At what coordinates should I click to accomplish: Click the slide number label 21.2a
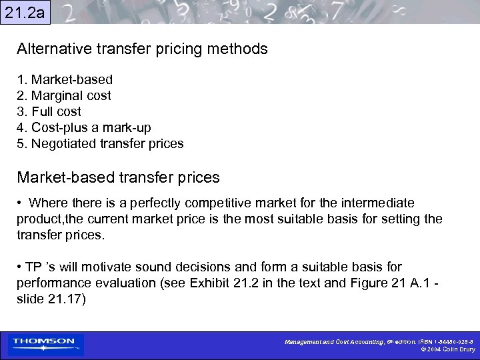coord(25,11)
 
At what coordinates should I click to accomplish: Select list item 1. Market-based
coord(65,80)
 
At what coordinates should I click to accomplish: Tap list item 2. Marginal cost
coord(64,96)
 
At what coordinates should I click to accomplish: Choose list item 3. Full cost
coord(49,112)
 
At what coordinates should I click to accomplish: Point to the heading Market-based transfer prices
coord(118,177)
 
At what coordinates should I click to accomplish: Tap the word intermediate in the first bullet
coord(376,203)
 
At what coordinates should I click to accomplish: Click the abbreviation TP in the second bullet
coord(33,267)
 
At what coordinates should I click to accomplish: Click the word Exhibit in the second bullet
coord(212,283)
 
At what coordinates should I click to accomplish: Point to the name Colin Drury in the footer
coord(459,349)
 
